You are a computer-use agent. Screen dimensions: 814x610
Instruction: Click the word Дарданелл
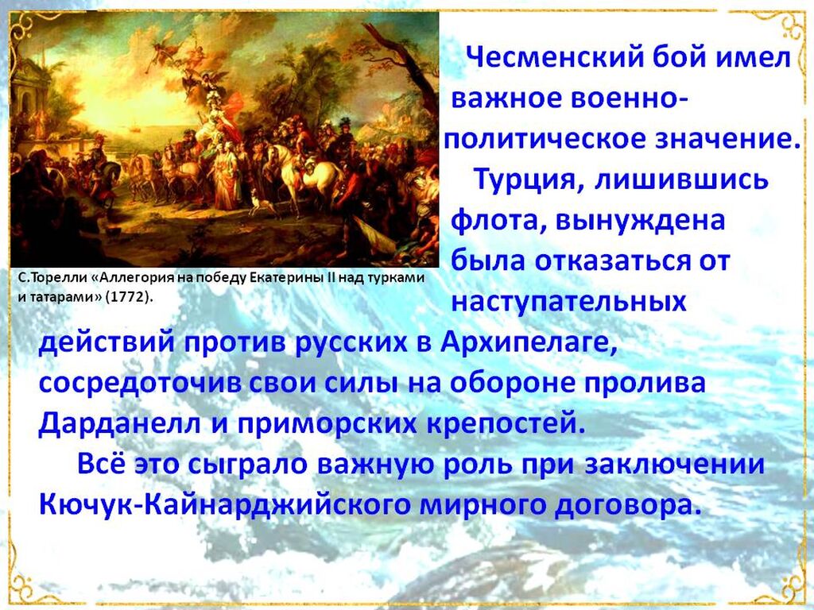click(x=119, y=424)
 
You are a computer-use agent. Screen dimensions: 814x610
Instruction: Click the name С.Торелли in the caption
click(x=52, y=277)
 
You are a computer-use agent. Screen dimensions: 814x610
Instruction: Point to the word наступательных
click(x=568, y=301)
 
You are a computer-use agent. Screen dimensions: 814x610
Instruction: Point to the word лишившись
click(x=680, y=180)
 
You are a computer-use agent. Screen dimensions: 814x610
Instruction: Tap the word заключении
click(x=674, y=464)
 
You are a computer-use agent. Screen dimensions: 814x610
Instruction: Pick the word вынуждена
click(x=640, y=221)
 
